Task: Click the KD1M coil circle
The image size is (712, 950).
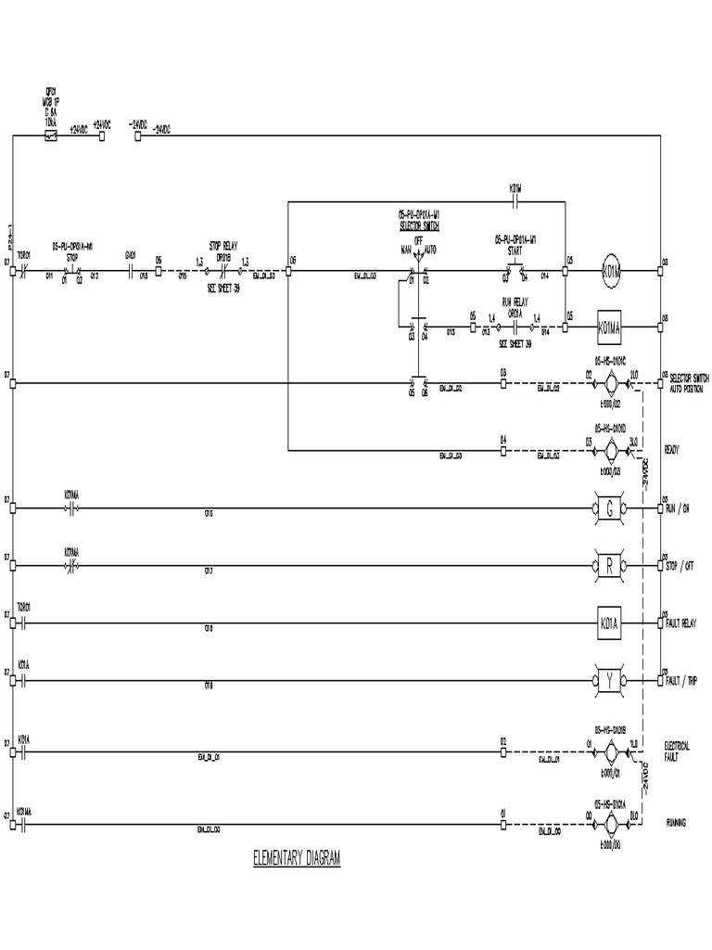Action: [x=611, y=272]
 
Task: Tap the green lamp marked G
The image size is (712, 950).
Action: [x=610, y=508]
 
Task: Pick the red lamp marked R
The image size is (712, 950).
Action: [x=610, y=565]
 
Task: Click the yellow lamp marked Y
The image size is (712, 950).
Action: [x=610, y=681]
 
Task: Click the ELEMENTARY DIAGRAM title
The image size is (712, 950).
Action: [x=297, y=859]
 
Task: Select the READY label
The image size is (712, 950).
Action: [x=674, y=450]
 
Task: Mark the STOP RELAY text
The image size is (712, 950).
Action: [x=222, y=246]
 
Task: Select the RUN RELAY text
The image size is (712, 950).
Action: [x=514, y=302]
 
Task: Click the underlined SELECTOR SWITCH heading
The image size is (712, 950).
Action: [x=419, y=225]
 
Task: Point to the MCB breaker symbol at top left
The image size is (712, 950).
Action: [x=52, y=135]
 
